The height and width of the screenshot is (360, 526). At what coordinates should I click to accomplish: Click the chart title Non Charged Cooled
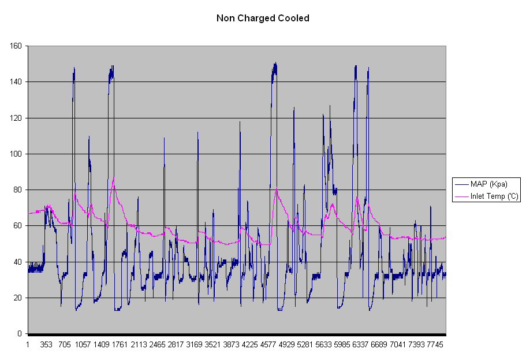(x=263, y=18)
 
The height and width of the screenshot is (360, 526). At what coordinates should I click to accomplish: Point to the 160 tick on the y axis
(x=16, y=46)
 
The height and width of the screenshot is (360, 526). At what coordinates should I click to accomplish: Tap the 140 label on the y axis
(x=16, y=81)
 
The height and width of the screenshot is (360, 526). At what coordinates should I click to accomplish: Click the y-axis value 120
(x=16, y=118)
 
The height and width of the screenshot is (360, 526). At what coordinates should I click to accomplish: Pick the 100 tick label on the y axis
(x=16, y=154)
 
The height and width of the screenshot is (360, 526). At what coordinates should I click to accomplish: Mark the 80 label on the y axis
(x=18, y=190)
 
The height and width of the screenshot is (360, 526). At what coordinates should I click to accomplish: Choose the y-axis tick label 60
(x=18, y=226)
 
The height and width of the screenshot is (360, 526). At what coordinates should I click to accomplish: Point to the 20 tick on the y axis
(x=18, y=298)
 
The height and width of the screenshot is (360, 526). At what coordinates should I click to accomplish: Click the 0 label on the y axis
(x=20, y=334)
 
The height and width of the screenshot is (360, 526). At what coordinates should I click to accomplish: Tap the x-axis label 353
(x=46, y=345)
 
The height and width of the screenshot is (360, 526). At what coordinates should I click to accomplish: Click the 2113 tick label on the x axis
(x=139, y=345)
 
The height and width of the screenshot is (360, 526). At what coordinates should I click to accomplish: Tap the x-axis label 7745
(x=434, y=345)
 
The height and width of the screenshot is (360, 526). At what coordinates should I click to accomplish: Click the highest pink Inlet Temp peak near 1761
(x=114, y=177)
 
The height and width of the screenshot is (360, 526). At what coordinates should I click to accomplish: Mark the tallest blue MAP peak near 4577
(x=275, y=63)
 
